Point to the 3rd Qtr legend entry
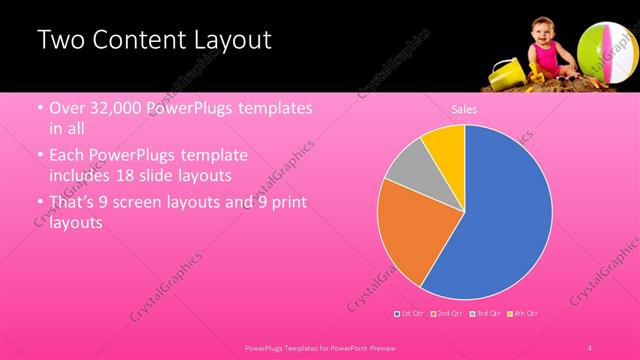tap(485, 314)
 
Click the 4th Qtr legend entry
tap(523, 314)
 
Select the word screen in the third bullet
tap(138, 202)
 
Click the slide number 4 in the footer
tap(590, 347)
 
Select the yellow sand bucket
tap(506, 71)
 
